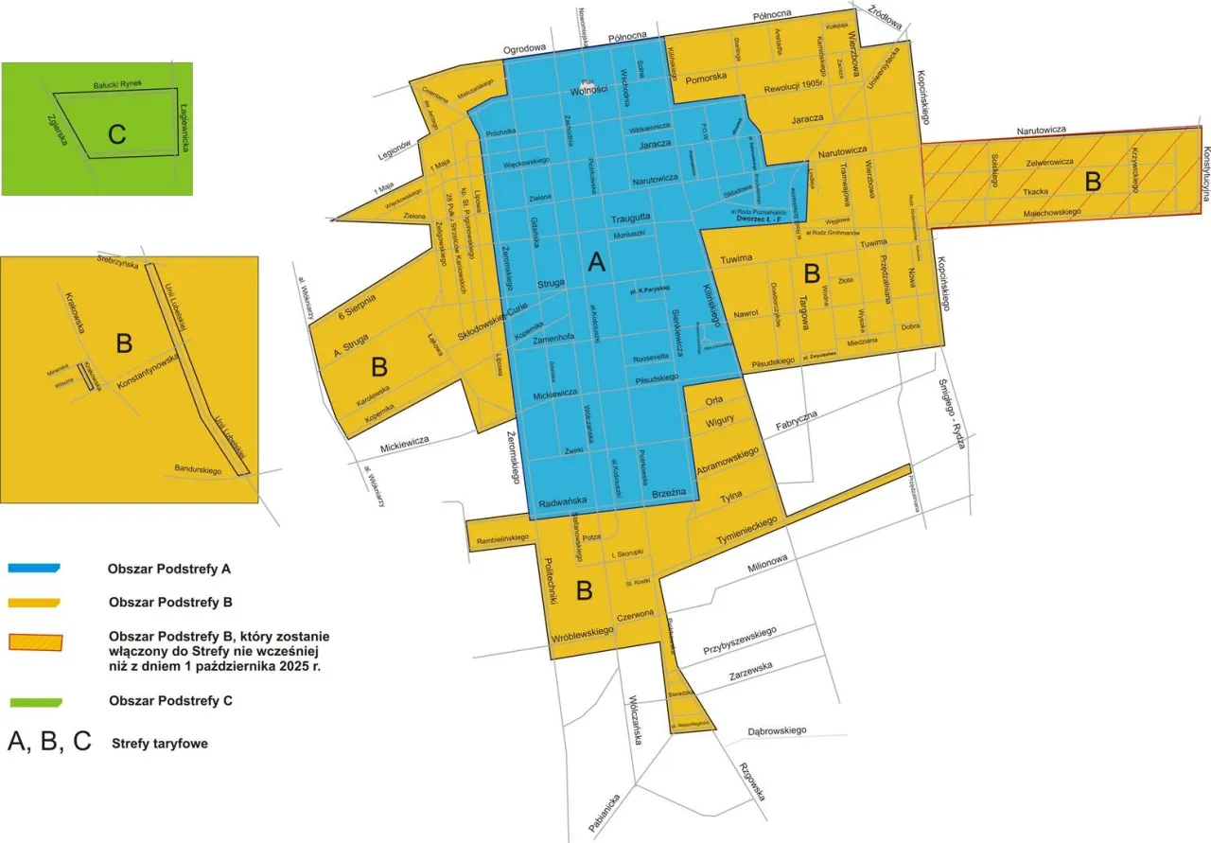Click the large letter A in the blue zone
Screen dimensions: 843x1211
pyautogui.click(x=596, y=263)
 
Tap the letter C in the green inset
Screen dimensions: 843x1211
pyautogui.click(x=116, y=134)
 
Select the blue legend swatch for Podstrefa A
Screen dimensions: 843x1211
pyautogui.click(x=34, y=569)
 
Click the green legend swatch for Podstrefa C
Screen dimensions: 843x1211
pyautogui.click(x=34, y=701)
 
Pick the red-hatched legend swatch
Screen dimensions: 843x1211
pyautogui.click(x=34, y=641)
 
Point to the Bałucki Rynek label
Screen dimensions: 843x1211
pyautogui.click(x=116, y=85)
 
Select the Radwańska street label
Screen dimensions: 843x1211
pyautogui.click(x=563, y=502)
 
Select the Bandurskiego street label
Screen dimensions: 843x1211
pyautogui.click(x=198, y=469)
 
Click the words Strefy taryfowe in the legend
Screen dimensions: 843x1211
pyautogui.click(x=159, y=744)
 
